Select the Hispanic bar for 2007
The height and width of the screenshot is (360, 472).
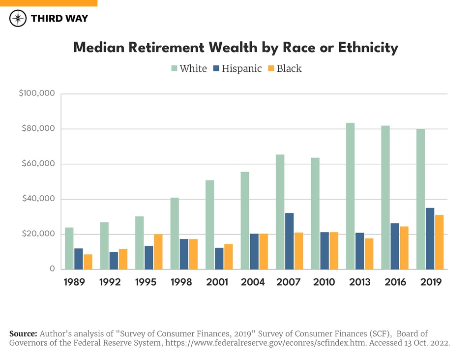click(289, 241)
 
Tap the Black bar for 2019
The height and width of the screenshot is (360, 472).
click(439, 242)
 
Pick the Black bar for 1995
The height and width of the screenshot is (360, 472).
click(158, 251)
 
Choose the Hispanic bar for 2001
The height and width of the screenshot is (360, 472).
click(219, 258)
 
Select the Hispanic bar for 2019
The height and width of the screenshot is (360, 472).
click(430, 239)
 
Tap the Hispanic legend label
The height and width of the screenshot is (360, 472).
click(241, 69)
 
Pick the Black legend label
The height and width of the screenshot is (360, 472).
click(289, 69)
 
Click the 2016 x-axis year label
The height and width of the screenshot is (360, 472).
click(395, 282)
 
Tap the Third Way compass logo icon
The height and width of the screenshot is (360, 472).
click(18, 19)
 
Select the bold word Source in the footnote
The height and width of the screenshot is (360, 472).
click(23, 333)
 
